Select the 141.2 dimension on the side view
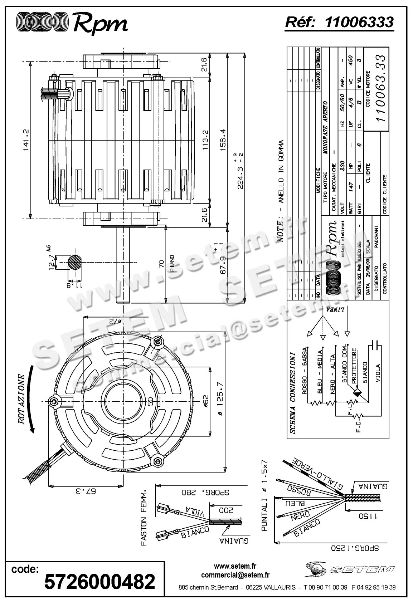(26, 141)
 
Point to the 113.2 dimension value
(205, 140)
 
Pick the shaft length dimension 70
(161, 264)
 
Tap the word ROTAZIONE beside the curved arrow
(22, 399)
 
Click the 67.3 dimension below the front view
(85, 491)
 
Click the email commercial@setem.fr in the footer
(235, 575)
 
